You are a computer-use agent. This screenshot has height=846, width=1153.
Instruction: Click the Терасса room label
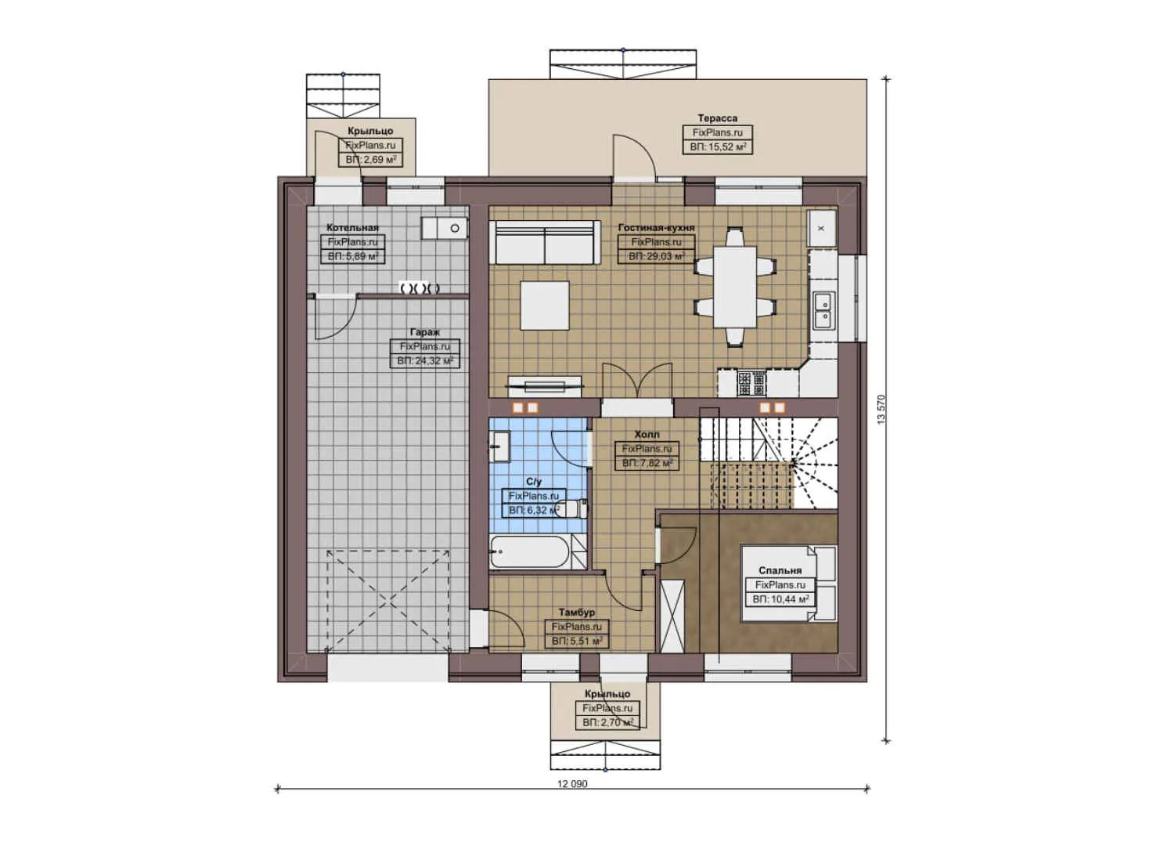(x=717, y=118)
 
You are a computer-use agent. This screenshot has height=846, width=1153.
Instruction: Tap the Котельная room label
(x=352, y=228)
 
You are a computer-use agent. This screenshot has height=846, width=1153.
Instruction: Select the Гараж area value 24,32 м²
(x=425, y=361)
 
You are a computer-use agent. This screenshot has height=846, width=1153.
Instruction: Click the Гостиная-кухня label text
(x=656, y=228)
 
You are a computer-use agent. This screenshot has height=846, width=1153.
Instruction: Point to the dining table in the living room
(x=735, y=287)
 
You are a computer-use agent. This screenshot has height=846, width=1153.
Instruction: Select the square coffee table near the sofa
(x=545, y=305)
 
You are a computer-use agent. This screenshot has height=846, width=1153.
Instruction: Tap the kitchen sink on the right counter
(x=823, y=310)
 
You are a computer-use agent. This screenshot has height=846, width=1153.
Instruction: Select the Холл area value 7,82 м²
(x=647, y=463)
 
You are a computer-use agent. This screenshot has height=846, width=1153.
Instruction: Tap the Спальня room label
(x=780, y=571)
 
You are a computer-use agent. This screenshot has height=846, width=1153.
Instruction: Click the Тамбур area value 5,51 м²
(x=577, y=641)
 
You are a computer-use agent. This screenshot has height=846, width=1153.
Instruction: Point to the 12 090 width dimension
(x=572, y=783)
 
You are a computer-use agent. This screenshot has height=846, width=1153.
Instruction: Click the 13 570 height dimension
(x=881, y=410)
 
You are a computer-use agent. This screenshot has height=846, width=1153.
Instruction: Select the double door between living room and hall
(x=637, y=381)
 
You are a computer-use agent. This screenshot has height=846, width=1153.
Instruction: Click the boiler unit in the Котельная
(x=445, y=228)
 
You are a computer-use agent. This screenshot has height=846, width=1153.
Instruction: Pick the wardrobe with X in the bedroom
(x=672, y=616)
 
